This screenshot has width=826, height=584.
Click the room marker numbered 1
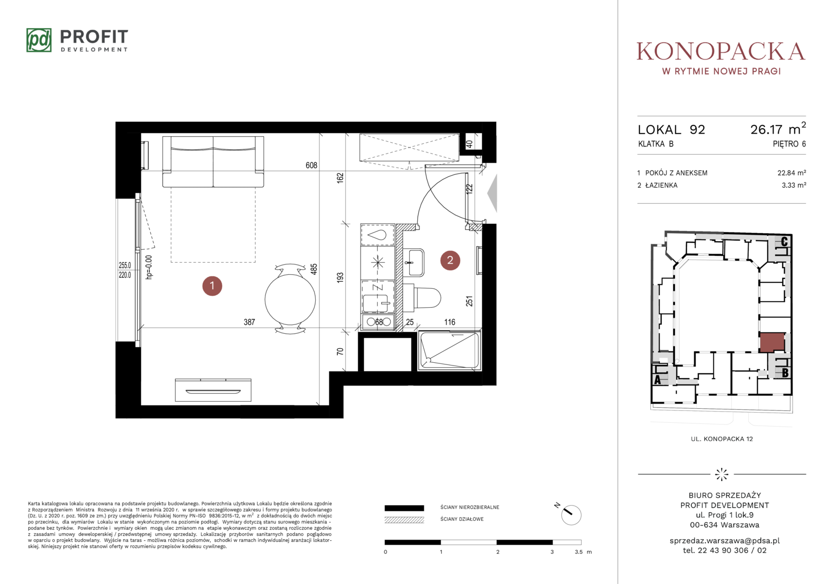[x=212, y=286]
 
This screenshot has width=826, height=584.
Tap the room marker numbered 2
[x=450, y=261]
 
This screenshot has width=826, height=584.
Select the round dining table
[x=290, y=300]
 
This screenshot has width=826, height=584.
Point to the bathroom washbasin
[x=414, y=262]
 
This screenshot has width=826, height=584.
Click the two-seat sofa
[x=213, y=162]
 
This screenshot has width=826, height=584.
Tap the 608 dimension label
[x=311, y=165]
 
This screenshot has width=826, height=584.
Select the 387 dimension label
[x=249, y=322]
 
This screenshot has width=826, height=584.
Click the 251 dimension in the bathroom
[x=469, y=301]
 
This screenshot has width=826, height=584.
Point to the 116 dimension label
[x=450, y=322]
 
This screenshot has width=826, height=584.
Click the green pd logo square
[x=39, y=40]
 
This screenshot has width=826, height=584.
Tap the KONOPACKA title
[x=721, y=51]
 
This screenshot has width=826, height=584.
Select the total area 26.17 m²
[x=778, y=129]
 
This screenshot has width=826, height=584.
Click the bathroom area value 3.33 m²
[x=794, y=185]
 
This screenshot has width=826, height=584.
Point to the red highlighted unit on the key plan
[x=771, y=342]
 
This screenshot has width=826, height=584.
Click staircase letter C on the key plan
[x=784, y=242]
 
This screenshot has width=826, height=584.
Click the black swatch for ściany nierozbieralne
[x=404, y=508]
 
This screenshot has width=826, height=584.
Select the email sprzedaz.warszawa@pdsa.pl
[x=724, y=541]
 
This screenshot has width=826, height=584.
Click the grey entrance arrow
[x=492, y=193]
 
